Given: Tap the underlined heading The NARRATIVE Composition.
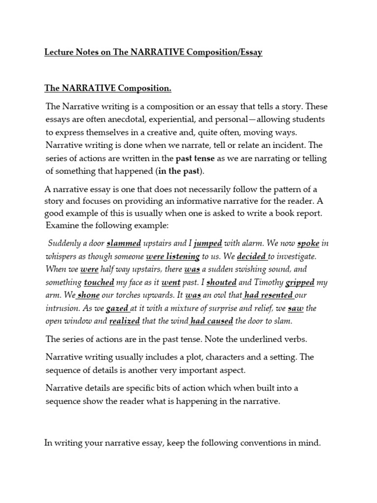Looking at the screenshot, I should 108,88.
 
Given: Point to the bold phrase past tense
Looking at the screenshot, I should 195,158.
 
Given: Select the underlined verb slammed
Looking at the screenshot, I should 124,243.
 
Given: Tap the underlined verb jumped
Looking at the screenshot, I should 208,243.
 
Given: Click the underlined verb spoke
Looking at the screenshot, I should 308,243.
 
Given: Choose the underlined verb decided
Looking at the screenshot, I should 252,256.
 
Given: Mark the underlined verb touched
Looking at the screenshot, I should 99,282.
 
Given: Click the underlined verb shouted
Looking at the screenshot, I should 221,282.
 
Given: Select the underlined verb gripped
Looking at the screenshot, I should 299,282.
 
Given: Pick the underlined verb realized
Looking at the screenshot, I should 124,321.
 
